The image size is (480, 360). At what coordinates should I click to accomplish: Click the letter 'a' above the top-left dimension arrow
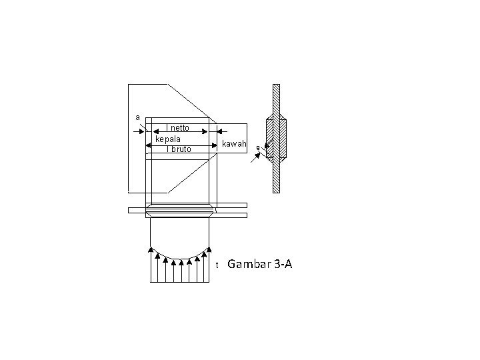[x=138, y=117]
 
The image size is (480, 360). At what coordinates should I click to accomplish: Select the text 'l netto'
[x=178, y=128]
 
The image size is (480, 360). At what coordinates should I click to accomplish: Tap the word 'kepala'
[x=168, y=139]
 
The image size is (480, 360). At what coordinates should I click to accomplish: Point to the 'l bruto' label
[x=179, y=149]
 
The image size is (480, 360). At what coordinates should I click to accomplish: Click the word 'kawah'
[x=235, y=144]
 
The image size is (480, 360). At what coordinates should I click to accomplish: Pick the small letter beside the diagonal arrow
[x=258, y=148]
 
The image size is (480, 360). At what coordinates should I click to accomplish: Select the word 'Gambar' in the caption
[x=248, y=265]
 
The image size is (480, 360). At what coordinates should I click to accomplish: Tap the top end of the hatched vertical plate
[x=276, y=87]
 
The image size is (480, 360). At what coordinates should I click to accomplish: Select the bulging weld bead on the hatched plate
[x=276, y=139]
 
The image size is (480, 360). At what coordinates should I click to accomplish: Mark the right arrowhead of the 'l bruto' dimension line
[x=215, y=145]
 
